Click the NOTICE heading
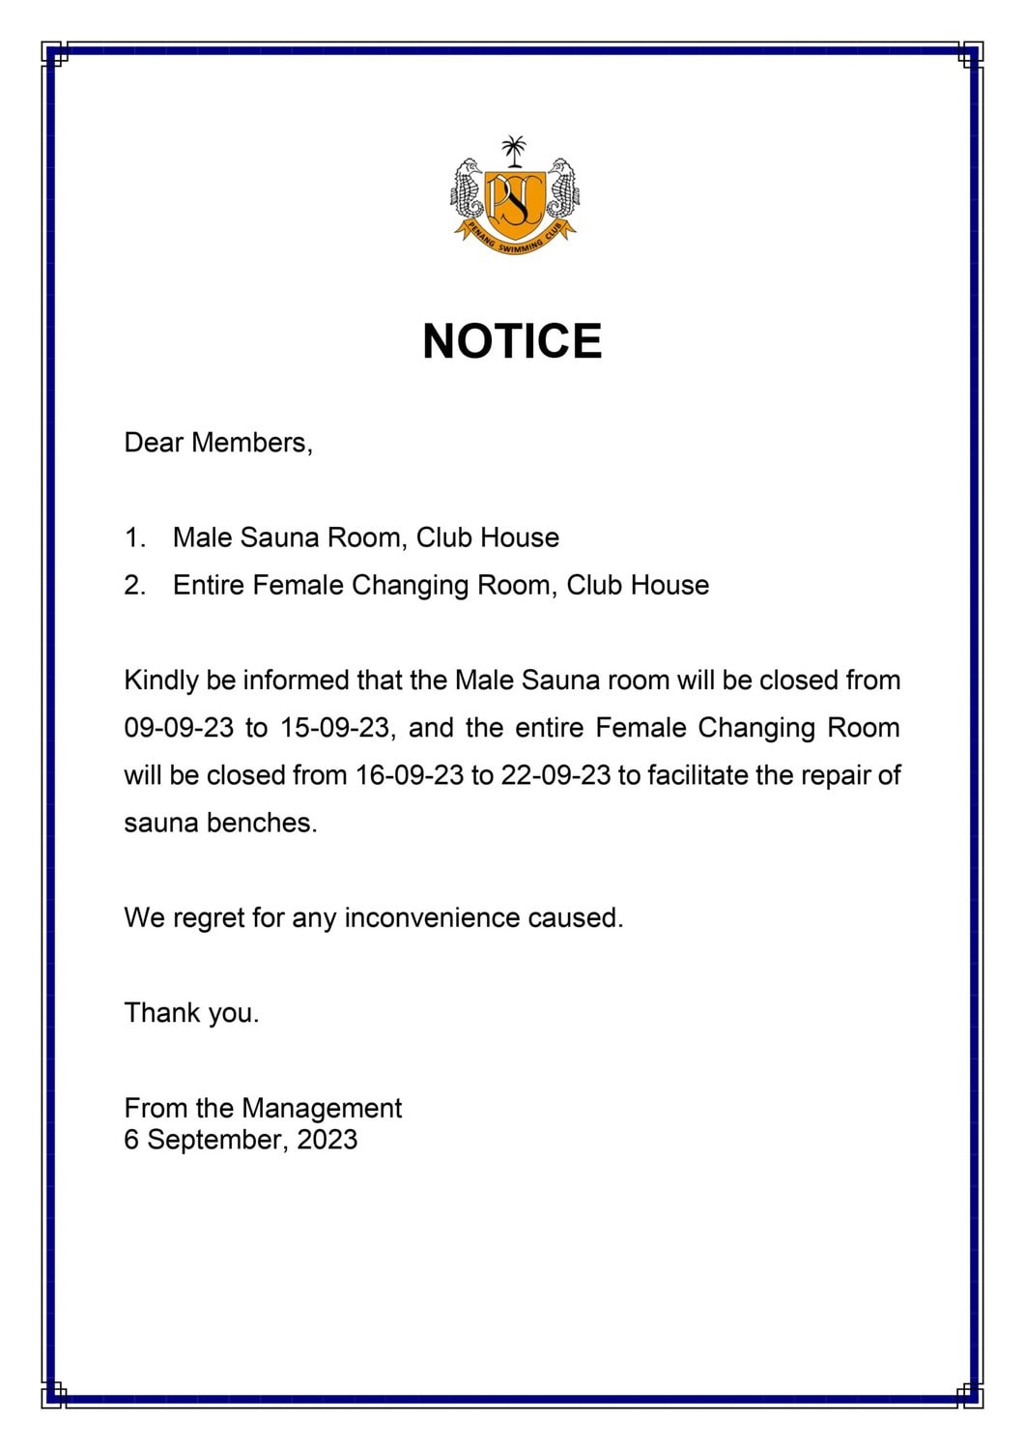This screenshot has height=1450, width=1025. coord(512,341)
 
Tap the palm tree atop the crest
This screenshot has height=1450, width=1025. coord(514,152)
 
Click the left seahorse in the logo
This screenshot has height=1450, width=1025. coord(470,188)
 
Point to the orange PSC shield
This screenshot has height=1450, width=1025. coord(514,202)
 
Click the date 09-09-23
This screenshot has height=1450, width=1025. coord(179,728)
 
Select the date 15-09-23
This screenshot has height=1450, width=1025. coord(334,728)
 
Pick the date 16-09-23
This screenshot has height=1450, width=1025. coord(410,775)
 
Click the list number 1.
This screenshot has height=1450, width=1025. coord(133,537)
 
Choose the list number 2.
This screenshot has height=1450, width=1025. coord(133,585)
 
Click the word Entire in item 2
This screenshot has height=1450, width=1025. coord(208,585)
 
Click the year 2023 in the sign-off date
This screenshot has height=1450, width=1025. coord(327,1139)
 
